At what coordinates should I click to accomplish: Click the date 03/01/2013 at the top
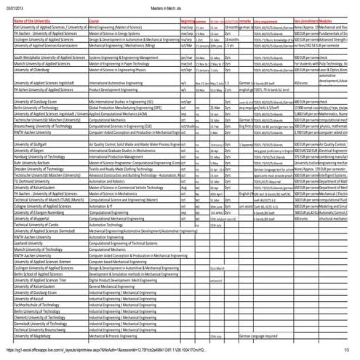point(13,7)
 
